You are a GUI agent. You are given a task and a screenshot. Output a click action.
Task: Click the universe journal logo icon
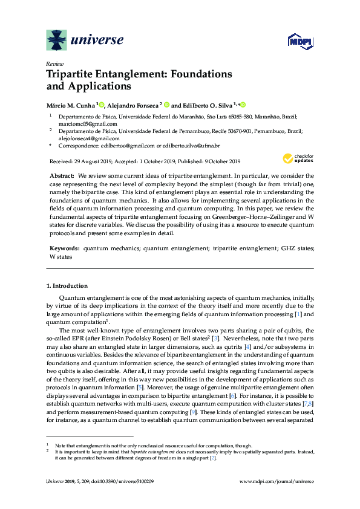click(x=57, y=40)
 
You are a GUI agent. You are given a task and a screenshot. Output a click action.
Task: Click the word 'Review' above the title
click(x=54, y=63)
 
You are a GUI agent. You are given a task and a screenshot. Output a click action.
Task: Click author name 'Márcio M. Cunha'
click(x=70, y=104)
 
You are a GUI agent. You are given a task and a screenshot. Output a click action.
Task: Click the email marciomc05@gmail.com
click(x=83, y=123)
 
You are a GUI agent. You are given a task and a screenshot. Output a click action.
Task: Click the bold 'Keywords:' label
click(x=64, y=248)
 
